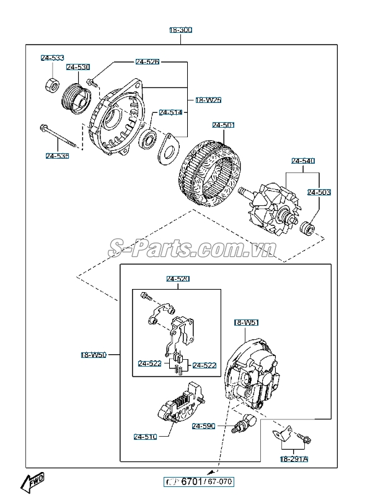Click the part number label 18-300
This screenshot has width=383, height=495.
[x=181, y=30]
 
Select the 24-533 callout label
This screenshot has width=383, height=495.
[x=53, y=58]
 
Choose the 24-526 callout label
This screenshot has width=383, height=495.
[x=147, y=62]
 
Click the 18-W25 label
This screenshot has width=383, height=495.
[x=208, y=99]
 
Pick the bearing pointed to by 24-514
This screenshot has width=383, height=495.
[x=149, y=138]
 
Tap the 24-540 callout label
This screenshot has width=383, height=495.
[x=303, y=161]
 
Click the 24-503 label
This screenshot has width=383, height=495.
[x=319, y=192]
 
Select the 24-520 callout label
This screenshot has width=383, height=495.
[x=177, y=279]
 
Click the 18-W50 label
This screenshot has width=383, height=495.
[x=94, y=355]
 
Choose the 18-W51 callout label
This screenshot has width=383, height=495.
[x=247, y=323]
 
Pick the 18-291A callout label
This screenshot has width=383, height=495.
[x=293, y=458]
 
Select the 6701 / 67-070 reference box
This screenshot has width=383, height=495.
[x=199, y=481]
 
